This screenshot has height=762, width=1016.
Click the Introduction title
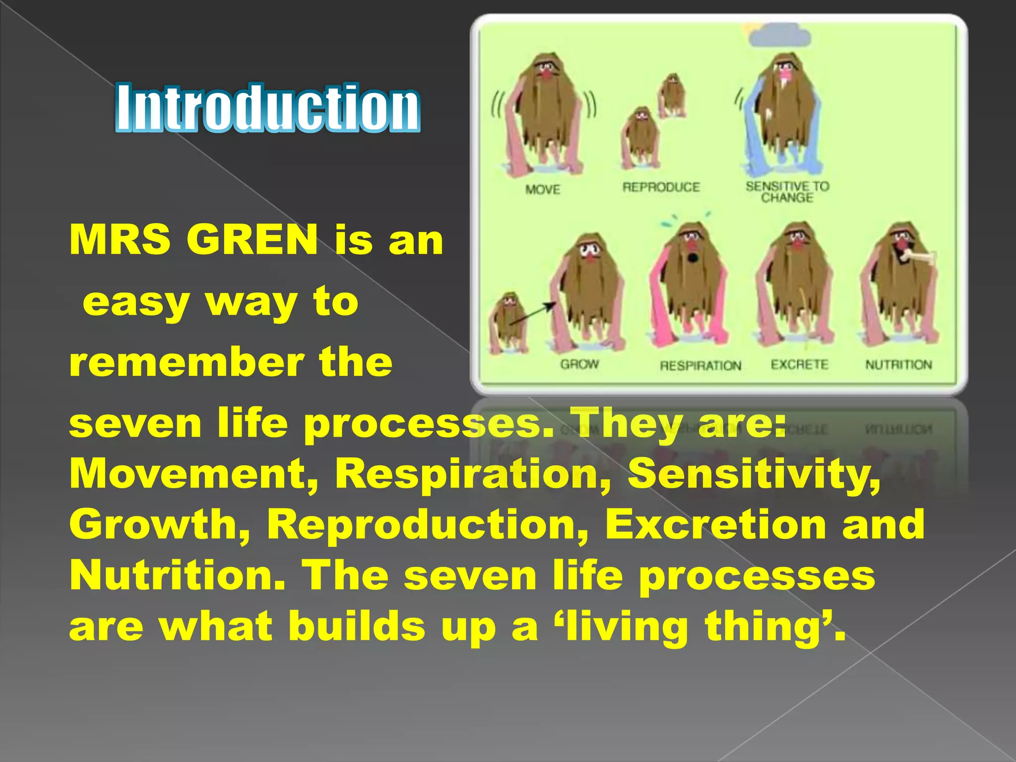(x=268, y=108)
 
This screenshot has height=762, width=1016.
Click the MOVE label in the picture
(x=543, y=190)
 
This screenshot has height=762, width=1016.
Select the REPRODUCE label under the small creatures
(x=661, y=188)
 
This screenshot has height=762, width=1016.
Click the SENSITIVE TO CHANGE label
(x=787, y=192)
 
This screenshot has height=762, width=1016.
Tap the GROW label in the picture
(x=579, y=365)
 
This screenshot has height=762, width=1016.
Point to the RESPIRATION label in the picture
(x=700, y=366)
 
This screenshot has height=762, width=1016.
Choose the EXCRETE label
(x=799, y=365)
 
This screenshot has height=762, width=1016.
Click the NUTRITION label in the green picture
(x=898, y=365)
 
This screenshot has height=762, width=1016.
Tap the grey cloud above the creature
(x=780, y=36)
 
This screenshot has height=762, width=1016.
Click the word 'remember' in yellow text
(x=187, y=362)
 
